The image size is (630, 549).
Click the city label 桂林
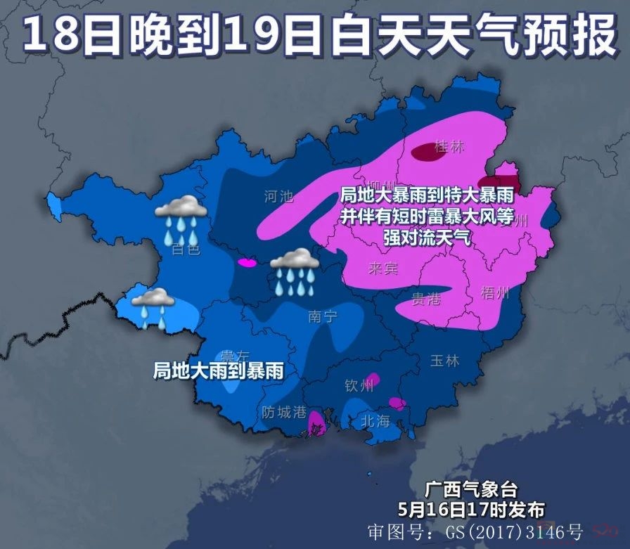[450, 147]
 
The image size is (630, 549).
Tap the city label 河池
[278, 196]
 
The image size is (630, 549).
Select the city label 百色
[186, 249]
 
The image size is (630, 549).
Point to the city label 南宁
[323, 316]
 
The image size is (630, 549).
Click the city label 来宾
[383, 269]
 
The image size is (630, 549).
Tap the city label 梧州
[494, 293]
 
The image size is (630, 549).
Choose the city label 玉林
[444, 361]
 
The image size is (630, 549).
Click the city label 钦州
[359, 386]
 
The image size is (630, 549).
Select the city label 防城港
[284, 412]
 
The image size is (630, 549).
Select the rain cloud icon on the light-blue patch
[153, 307]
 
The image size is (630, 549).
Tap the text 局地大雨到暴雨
[218, 370]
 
